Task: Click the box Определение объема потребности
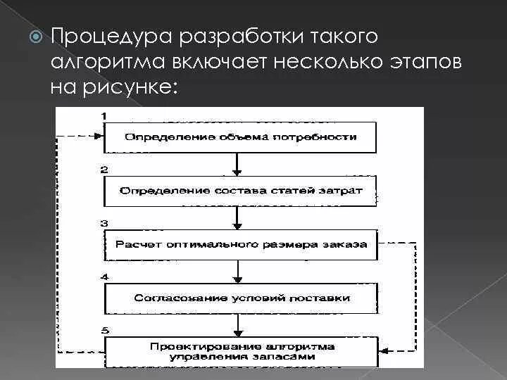tap(240, 137)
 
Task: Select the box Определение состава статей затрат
tap(240, 191)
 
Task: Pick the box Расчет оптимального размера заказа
tap(240, 244)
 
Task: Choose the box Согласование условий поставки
tap(240, 298)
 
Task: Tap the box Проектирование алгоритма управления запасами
tap(240, 351)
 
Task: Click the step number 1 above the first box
tap(104, 115)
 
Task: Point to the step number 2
tap(104, 170)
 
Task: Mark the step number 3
tap(104, 223)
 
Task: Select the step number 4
tap(104, 277)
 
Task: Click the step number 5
tap(104, 330)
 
